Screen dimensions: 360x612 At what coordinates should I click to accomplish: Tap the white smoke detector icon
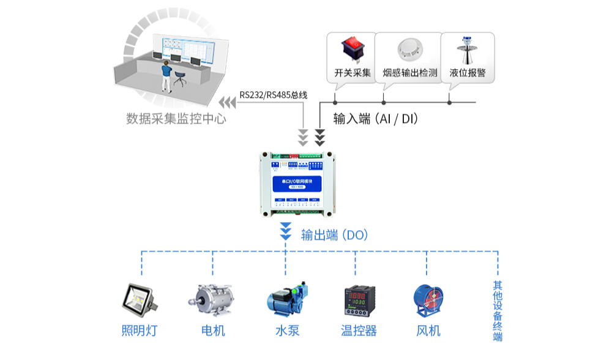tap(409, 50)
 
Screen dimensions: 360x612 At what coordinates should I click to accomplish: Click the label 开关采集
tap(353, 73)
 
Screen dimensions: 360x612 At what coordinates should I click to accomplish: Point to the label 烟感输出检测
tap(409, 73)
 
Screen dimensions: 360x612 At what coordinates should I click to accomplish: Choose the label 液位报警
tap(467, 73)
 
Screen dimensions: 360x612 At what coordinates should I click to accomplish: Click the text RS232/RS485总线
tap(272, 95)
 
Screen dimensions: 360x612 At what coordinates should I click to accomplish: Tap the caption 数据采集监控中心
tap(176, 118)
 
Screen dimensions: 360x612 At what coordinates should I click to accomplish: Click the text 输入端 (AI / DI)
tap(376, 119)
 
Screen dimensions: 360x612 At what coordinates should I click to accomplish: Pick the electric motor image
tap(212, 299)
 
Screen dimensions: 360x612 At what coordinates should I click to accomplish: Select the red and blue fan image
tap(428, 300)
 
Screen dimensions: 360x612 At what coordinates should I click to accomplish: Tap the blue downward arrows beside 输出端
tap(285, 231)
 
